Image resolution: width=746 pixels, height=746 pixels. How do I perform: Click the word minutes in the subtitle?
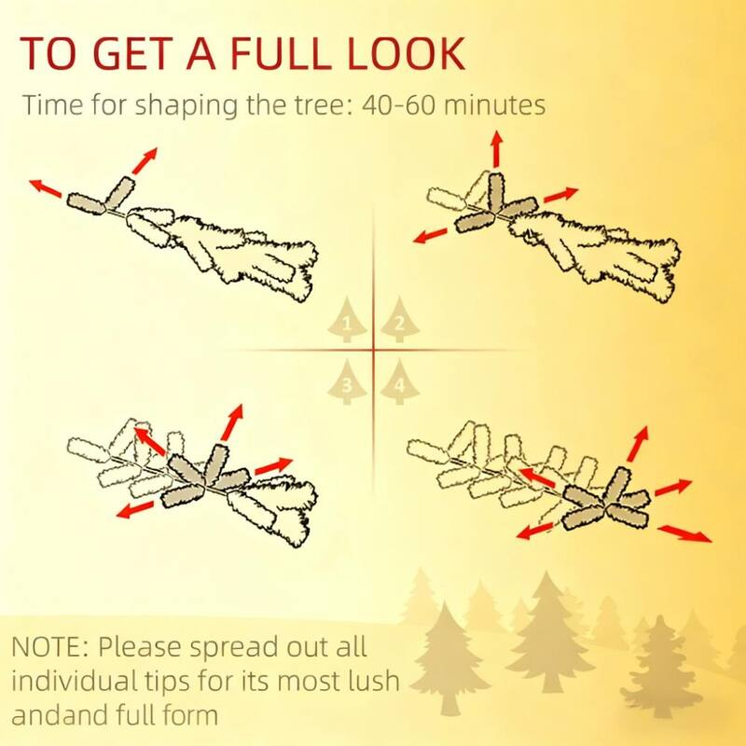(494, 104)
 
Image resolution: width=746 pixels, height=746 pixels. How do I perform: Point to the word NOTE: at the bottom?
(49, 646)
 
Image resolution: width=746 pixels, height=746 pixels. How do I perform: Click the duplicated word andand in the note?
(60, 714)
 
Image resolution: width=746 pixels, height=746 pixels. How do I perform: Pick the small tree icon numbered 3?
(347, 381)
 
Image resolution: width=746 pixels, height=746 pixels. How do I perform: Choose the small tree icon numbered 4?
(400, 381)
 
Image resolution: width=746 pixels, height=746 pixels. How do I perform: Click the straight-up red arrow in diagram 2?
(497, 148)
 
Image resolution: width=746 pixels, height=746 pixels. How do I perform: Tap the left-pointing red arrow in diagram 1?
(45, 188)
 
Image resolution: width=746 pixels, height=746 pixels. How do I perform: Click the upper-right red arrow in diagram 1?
(145, 160)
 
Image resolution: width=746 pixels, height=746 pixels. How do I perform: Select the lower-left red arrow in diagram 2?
(431, 236)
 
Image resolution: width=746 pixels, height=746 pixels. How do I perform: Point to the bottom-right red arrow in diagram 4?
(684, 533)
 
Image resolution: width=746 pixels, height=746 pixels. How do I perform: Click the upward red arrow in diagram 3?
(232, 422)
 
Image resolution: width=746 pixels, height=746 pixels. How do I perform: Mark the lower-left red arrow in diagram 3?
(135, 509)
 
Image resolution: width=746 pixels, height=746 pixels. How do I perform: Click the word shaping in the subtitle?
(186, 105)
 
